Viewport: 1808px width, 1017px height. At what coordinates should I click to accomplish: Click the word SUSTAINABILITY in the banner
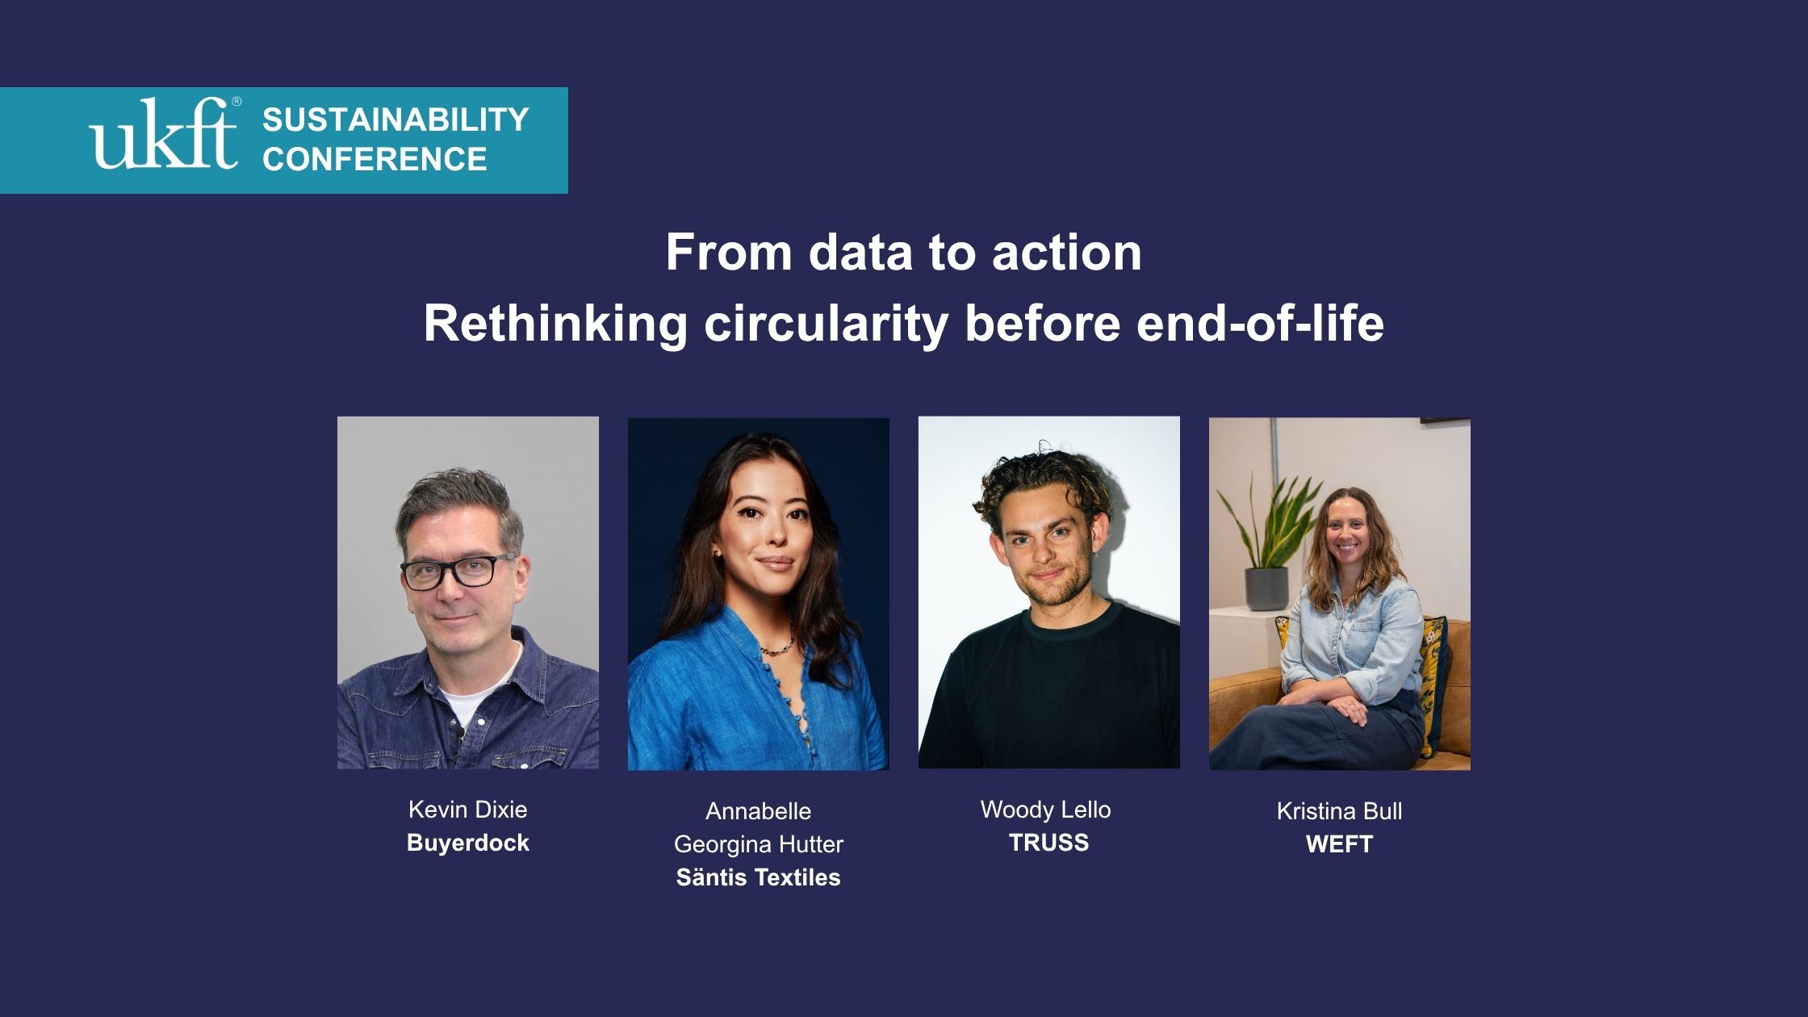[395, 119]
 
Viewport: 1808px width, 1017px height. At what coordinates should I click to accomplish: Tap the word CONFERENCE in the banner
[375, 159]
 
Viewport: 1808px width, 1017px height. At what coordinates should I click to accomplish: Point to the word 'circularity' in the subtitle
[826, 324]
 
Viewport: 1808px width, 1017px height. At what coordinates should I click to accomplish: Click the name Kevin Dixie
[468, 810]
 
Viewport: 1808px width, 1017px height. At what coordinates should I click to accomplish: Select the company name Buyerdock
[468, 843]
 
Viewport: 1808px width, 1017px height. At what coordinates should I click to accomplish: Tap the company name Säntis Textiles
[759, 877]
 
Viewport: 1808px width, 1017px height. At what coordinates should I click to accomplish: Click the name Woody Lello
[1046, 810]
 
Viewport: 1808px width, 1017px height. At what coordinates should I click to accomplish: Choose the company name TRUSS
[1049, 843]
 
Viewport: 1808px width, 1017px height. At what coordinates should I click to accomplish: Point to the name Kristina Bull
[1340, 811]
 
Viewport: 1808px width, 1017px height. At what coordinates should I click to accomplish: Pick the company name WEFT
[1340, 844]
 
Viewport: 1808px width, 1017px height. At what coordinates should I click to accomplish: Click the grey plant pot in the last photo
[1266, 588]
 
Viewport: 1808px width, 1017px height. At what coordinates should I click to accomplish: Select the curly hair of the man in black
[1044, 485]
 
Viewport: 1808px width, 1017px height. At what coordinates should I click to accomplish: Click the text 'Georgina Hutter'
[759, 844]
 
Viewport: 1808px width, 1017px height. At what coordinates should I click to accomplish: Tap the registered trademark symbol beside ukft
[236, 102]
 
